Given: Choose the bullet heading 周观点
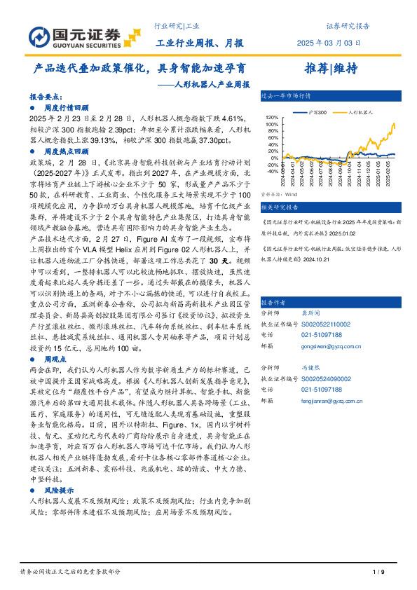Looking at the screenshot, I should [x=55, y=358].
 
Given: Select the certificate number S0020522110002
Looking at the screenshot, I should [x=325, y=305].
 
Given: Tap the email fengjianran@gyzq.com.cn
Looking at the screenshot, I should [x=329, y=400].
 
